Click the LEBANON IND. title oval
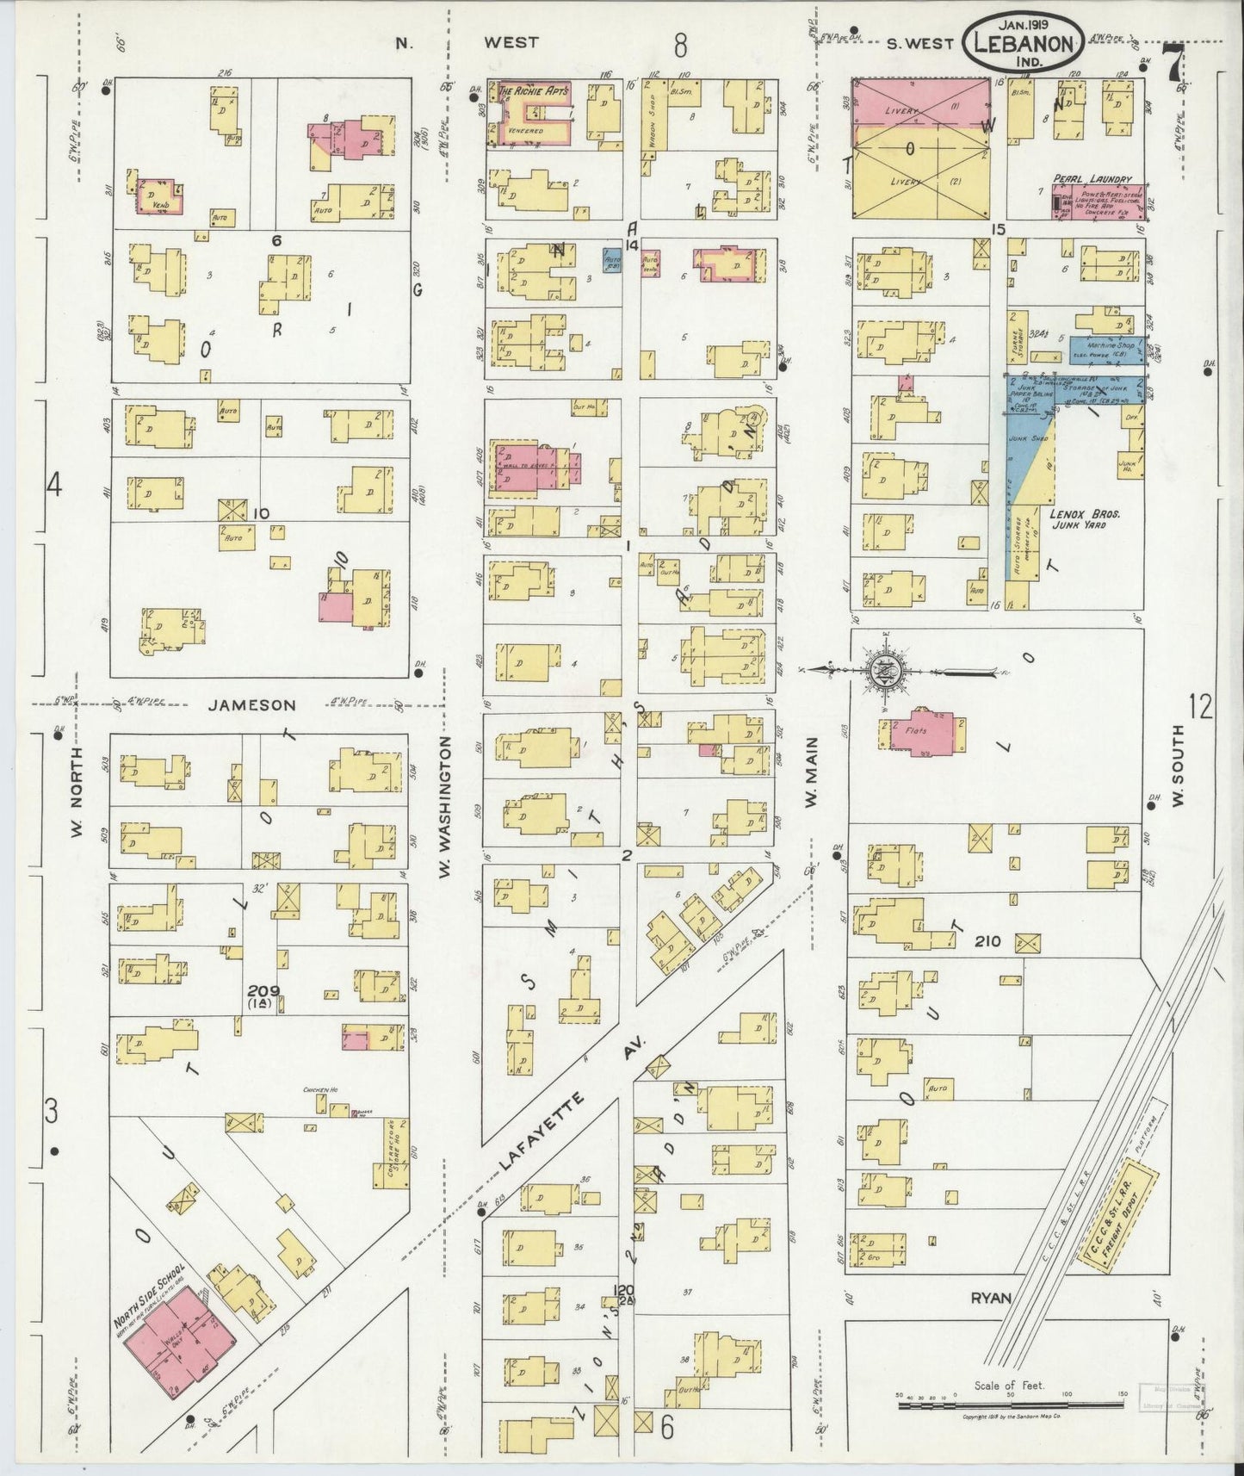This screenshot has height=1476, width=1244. (1023, 42)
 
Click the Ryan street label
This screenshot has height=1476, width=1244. (989, 1297)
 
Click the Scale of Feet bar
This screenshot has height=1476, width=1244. (1012, 1405)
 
